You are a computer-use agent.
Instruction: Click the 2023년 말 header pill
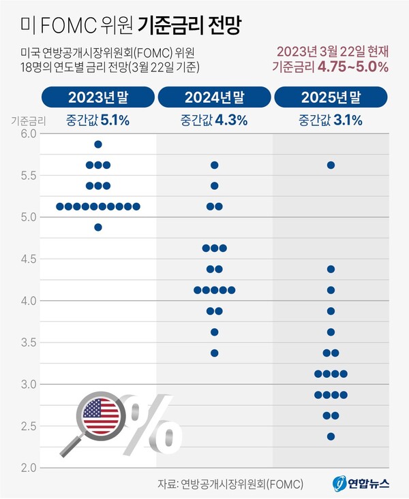tap(97, 97)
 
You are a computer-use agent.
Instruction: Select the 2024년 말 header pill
tap(214, 97)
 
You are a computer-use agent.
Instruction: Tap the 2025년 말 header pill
tap(331, 97)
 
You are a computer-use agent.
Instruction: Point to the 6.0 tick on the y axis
tap(27, 134)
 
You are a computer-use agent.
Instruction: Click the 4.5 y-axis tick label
tap(27, 259)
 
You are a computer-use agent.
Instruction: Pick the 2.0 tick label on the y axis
tap(27, 468)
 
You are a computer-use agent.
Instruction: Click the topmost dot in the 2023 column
tap(98, 144)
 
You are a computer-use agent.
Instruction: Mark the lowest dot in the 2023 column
tap(98, 227)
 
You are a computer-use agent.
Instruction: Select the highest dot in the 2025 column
tap(331, 165)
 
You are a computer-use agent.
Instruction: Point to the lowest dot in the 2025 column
tap(331, 436)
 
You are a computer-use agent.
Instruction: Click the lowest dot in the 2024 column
tap(214, 353)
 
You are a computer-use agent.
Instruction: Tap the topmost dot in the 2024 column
tap(214, 165)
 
